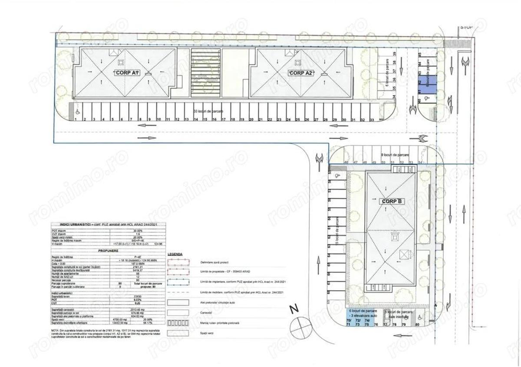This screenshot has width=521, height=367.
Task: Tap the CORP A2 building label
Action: (301, 73)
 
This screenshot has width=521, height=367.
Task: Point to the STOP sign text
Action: (466, 27)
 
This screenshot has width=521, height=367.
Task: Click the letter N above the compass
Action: (294, 309)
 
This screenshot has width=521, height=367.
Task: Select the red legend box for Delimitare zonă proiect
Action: (178, 263)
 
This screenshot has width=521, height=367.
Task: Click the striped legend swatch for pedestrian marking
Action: (178, 323)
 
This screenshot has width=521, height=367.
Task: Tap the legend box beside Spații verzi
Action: (178, 333)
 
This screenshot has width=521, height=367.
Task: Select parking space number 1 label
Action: (76, 119)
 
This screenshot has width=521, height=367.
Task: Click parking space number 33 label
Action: (372, 119)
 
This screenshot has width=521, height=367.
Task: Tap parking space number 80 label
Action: (418, 324)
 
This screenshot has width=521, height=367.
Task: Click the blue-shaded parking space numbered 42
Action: (420, 81)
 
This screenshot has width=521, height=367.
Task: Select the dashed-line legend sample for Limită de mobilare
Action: (178, 292)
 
